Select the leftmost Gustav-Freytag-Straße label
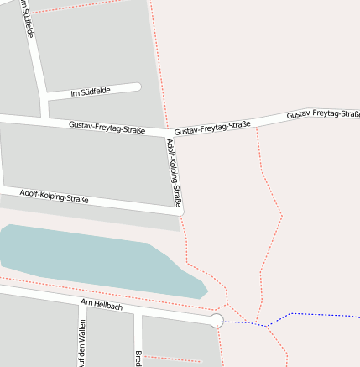pos(107,127)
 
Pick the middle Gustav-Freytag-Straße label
pos(212,128)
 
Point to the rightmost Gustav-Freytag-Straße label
pos(322,113)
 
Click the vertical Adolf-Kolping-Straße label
pos(174,172)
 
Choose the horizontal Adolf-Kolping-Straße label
pos(54,197)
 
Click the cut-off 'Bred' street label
pos(137,358)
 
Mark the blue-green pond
pos(92,256)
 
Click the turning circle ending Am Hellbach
pos(217,320)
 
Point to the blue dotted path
pos(294,316)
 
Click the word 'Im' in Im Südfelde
pos(75,92)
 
